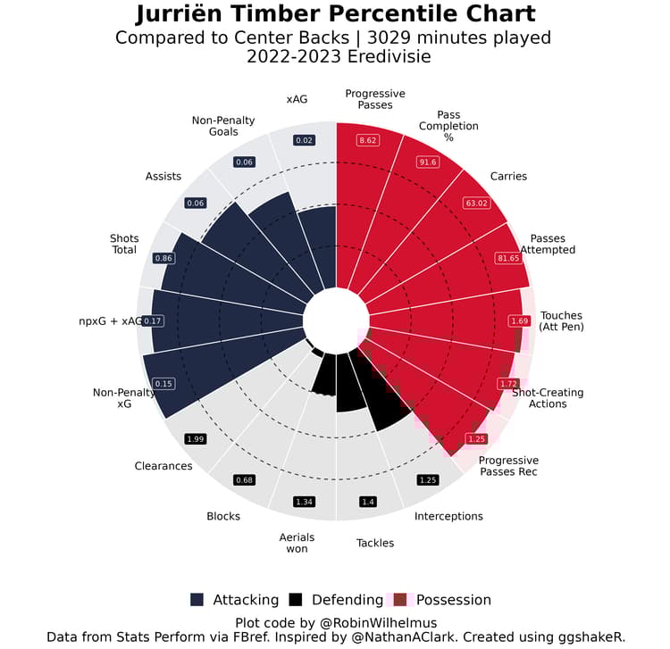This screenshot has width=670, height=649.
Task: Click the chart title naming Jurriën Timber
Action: tap(335, 14)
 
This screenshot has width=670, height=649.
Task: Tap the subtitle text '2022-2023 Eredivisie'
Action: tap(335, 57)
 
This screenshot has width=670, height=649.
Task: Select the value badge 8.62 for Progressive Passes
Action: tap(367, 140)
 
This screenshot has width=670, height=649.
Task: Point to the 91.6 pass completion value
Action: tap(427, 162)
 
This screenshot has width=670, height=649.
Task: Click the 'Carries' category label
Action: tap(508, 176)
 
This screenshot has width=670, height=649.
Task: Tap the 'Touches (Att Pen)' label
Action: tap(560, 321)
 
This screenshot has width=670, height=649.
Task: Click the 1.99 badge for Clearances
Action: tap(196, 438)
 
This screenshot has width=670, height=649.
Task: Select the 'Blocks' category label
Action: tap(223, 516)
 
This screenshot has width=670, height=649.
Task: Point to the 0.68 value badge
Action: tap(244, 480)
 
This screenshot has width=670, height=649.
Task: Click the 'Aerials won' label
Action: tap(297, 542)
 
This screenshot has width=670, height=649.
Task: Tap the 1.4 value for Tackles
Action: tap(367, 502)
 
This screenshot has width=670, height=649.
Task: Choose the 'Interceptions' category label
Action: tap(448, 516)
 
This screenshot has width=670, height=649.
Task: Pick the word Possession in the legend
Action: tap(454, 600)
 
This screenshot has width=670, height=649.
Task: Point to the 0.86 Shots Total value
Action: tap(164, 258)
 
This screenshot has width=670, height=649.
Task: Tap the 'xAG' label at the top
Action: tap(297, 99)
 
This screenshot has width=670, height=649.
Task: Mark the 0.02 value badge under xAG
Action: tap(304, 140)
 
